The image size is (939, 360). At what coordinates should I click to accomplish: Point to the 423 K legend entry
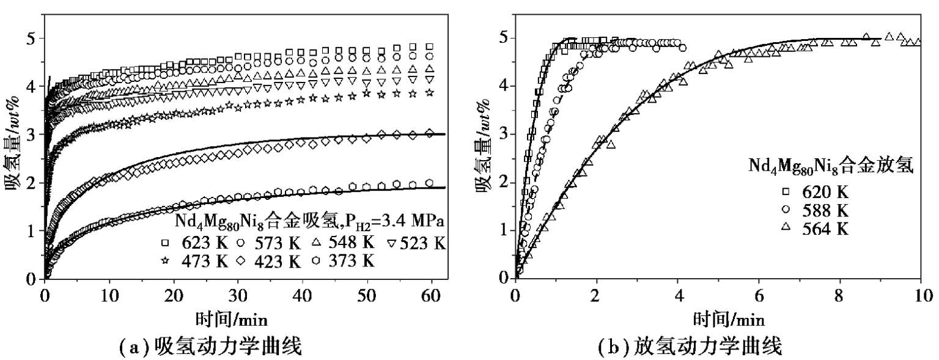pyautogui.click(x=271, y=262)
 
